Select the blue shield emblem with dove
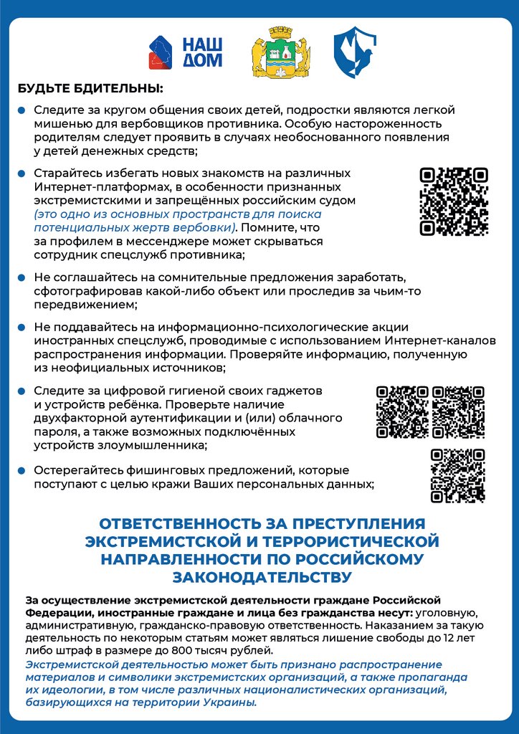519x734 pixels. point(354,52)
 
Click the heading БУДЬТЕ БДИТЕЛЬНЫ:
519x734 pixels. point(90,90)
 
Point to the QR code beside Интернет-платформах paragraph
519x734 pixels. point(454,201)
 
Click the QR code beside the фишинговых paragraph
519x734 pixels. point(458,475)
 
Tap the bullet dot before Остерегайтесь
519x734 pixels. point(22,471)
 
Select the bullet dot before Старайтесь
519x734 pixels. point(22,173)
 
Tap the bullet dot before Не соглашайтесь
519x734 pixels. point(22,277)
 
